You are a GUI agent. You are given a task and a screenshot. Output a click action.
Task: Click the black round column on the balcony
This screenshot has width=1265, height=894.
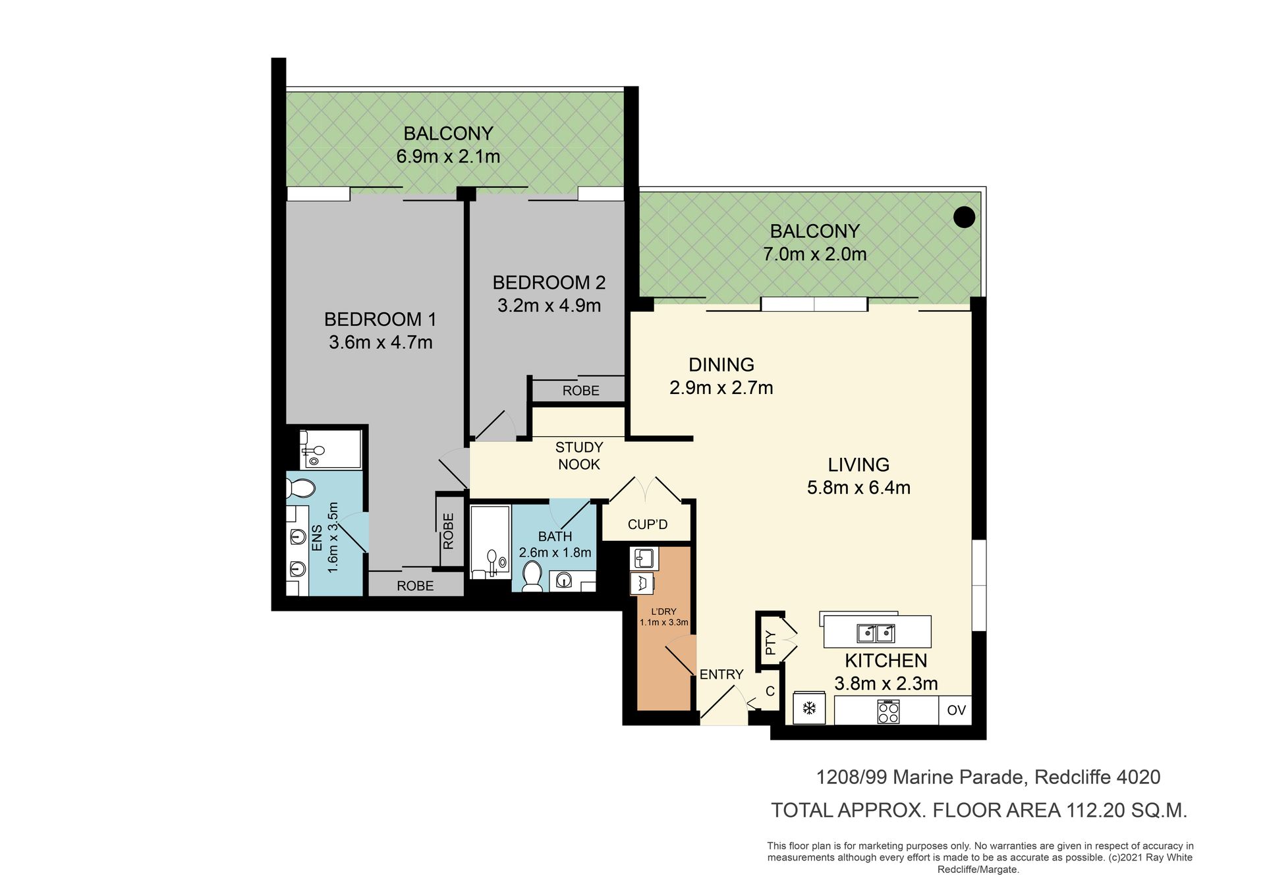964,217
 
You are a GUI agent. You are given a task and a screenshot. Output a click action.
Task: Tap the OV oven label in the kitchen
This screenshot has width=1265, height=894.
956,710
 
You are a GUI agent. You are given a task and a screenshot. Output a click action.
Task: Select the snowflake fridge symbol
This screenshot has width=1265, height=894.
809,709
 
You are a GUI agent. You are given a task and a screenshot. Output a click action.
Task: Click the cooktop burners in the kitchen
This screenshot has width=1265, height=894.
888,711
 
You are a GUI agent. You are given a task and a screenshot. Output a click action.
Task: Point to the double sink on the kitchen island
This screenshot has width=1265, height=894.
876,633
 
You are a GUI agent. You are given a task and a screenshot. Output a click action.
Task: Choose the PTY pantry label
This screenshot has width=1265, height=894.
771,643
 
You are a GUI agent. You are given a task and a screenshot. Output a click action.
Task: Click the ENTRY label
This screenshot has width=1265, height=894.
721,675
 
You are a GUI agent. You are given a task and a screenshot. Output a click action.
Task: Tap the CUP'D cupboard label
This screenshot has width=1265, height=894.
648,524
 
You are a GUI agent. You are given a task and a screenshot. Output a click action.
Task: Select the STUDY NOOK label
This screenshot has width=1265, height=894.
579,456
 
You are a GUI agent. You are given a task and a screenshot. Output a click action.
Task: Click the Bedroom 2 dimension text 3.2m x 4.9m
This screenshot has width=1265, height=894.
549,306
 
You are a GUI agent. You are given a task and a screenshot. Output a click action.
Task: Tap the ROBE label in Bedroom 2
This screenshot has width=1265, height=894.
581,391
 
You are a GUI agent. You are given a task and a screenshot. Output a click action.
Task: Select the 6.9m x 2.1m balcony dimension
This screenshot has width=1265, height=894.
448,157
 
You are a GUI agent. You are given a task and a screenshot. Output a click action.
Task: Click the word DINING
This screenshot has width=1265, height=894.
721,364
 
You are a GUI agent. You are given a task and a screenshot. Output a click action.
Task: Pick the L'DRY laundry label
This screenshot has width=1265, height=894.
664,611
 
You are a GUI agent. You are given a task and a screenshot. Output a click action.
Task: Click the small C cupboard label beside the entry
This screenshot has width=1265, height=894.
770,692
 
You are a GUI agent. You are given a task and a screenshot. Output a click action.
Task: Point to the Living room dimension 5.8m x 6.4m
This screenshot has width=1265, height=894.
858,488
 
